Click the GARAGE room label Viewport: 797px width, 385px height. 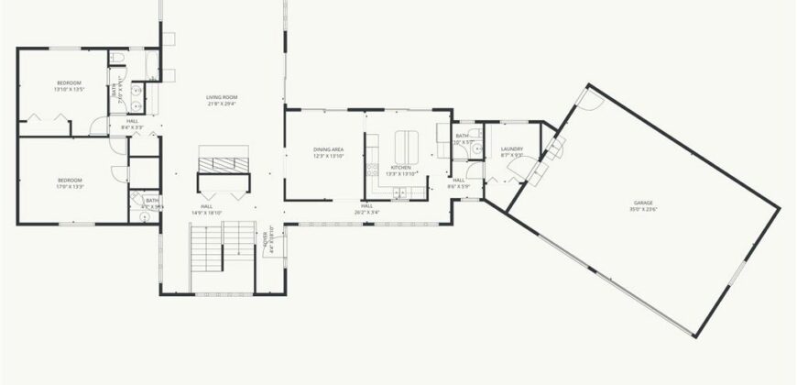[x=646, y=203]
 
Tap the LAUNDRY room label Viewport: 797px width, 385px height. [x=512, y=149]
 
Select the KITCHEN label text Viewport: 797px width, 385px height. [x=401, y=168]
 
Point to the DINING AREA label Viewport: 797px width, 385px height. [x=328, y=149]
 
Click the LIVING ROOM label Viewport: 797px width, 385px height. [x=221, y=97]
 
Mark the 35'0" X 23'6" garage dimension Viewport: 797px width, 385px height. [x=646, y=210]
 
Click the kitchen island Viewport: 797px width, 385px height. [x=406, y=145]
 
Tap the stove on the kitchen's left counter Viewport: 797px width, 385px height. [x=371, y=170]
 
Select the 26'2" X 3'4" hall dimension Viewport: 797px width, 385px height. [x=367, y=212]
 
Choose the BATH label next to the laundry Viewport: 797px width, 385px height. [x=463, y=137]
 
